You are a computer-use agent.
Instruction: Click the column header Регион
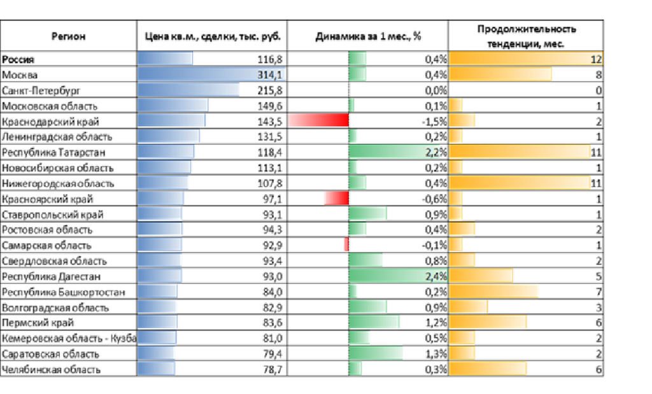[x=68, y=36]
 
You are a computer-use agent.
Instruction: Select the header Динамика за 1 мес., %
[x=368, y=36]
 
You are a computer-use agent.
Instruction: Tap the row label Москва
[x=20, y=75]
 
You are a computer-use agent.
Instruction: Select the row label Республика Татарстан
[x=53, y=152]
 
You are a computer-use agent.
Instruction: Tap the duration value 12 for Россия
[x=595, y=60]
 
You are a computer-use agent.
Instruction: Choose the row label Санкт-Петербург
[x=41, y=90]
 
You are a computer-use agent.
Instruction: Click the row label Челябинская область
[x=52, y=370]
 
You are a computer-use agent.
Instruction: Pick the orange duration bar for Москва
[x=500, y=75]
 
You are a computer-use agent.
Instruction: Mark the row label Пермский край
[x=38, y=323]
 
